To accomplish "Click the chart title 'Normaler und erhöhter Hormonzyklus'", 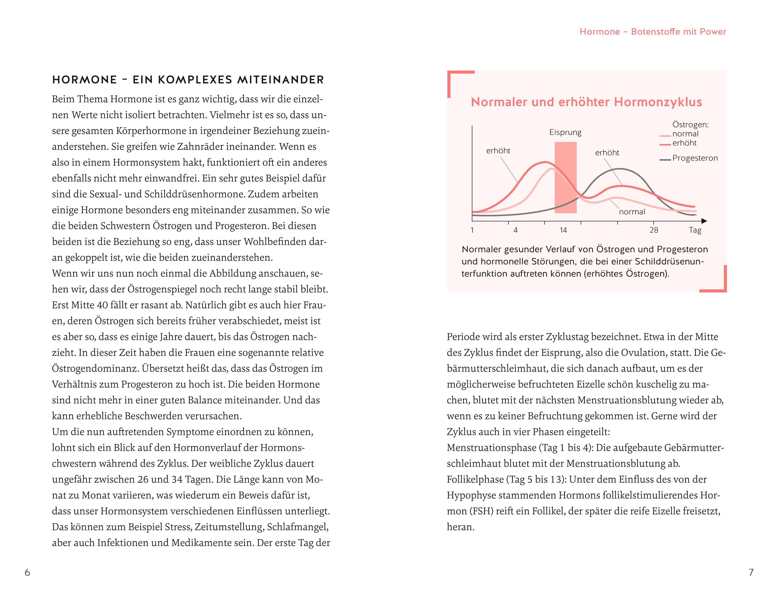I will click(586, 102).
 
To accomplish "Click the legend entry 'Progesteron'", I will click(695, 158).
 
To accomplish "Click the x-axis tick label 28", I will click(654, 230).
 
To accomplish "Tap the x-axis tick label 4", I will click(515, 230).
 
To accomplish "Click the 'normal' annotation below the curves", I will click(632, 212).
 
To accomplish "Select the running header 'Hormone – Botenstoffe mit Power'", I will click(653, 32).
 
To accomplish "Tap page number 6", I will click(27, 572).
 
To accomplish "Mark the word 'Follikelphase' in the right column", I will click(475, 479).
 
